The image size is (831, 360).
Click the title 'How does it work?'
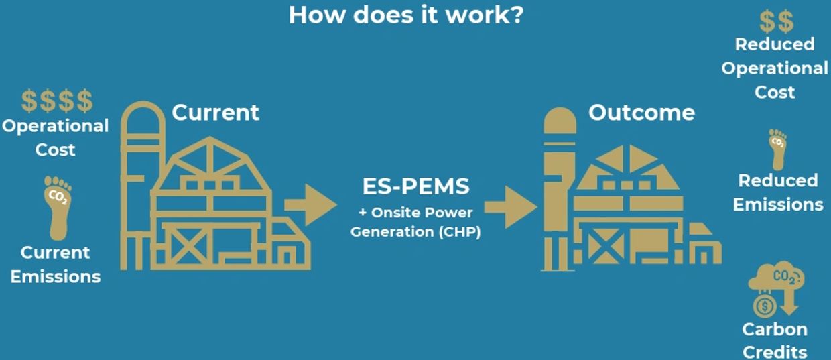406,15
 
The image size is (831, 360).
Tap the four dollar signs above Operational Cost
57,101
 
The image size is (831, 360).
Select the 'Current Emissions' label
56,264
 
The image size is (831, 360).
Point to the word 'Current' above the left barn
215,113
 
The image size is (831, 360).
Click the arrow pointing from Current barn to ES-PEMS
310,204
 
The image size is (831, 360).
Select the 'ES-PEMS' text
415,187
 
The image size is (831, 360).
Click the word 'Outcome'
641,113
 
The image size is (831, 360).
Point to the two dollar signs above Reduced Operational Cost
776,21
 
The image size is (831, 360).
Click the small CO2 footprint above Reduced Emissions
777,148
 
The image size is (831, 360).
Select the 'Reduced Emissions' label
777,192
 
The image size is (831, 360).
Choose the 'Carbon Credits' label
775,340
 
